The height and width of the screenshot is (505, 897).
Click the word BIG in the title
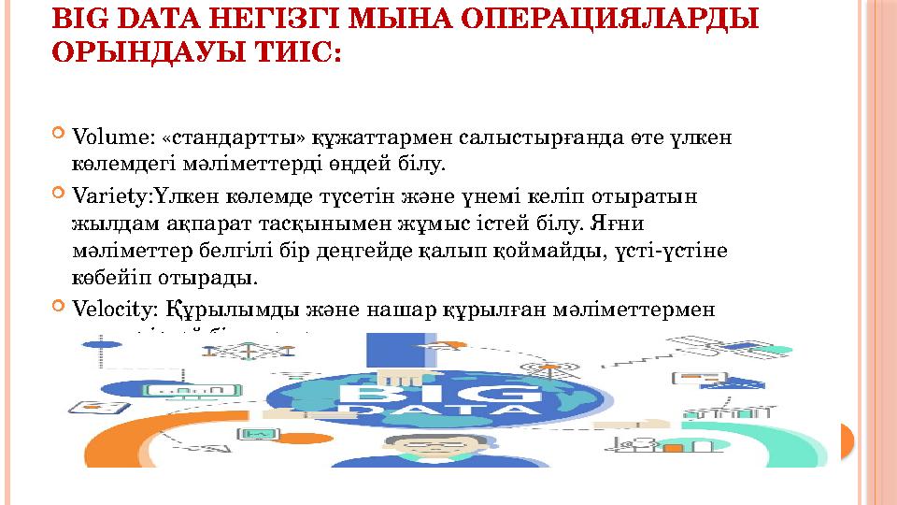click(76, 18)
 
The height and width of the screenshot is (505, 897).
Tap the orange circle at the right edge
click(847, 440)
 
